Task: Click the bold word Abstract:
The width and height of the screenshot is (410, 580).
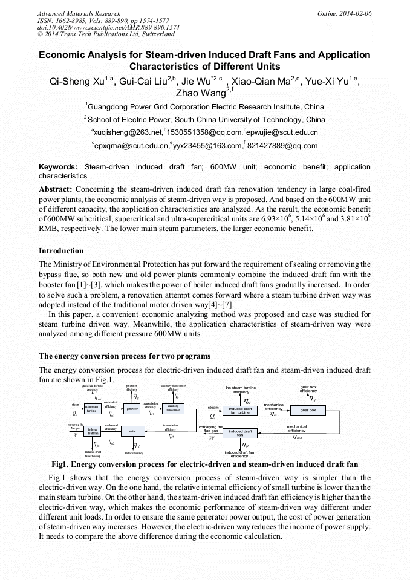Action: pos(56,189)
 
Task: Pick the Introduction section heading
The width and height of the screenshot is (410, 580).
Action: pos(61,250)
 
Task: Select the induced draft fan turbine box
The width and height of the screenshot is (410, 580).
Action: pos(239,411)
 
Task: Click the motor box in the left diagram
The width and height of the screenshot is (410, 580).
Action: pos(132,431)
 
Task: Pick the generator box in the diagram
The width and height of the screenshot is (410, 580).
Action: pos(132,409)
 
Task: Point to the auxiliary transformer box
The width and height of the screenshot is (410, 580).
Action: pos(173,409)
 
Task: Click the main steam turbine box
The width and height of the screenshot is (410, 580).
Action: pos(91,409)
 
